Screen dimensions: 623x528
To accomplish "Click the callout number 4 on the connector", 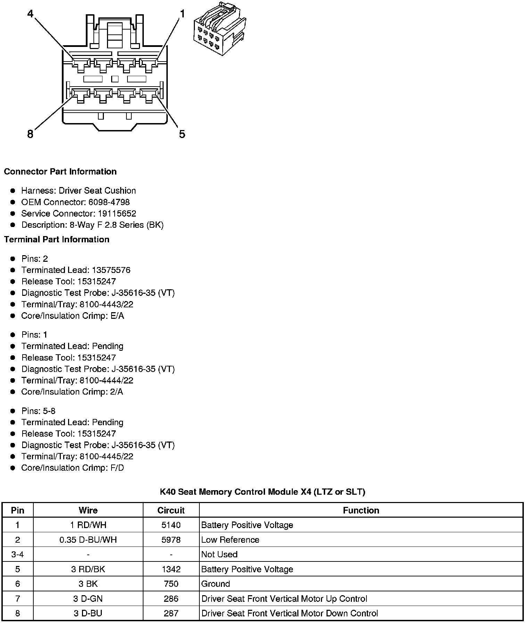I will coord(31,14).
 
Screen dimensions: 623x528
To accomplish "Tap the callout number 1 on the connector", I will coord(182,14).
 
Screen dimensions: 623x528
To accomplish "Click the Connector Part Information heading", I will coord(60,172).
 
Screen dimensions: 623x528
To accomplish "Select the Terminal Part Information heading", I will coord(57,240).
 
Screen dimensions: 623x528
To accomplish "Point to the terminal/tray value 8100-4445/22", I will coord(106,456).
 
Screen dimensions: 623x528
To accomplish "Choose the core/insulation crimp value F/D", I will coord(117,468).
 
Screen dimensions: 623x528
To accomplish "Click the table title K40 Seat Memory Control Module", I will coord(262,492).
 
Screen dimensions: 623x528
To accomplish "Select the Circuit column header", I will coord(171,510).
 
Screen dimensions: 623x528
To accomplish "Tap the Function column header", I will coord(361,510).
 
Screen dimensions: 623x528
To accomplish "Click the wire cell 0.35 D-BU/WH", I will coord(88,540).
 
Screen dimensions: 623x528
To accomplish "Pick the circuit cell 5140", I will coord(171,525).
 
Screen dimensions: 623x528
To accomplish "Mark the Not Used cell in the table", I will coord(220,555).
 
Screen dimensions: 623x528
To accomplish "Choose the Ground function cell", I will coord(216,584).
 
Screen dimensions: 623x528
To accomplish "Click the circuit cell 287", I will coord(171,614).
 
